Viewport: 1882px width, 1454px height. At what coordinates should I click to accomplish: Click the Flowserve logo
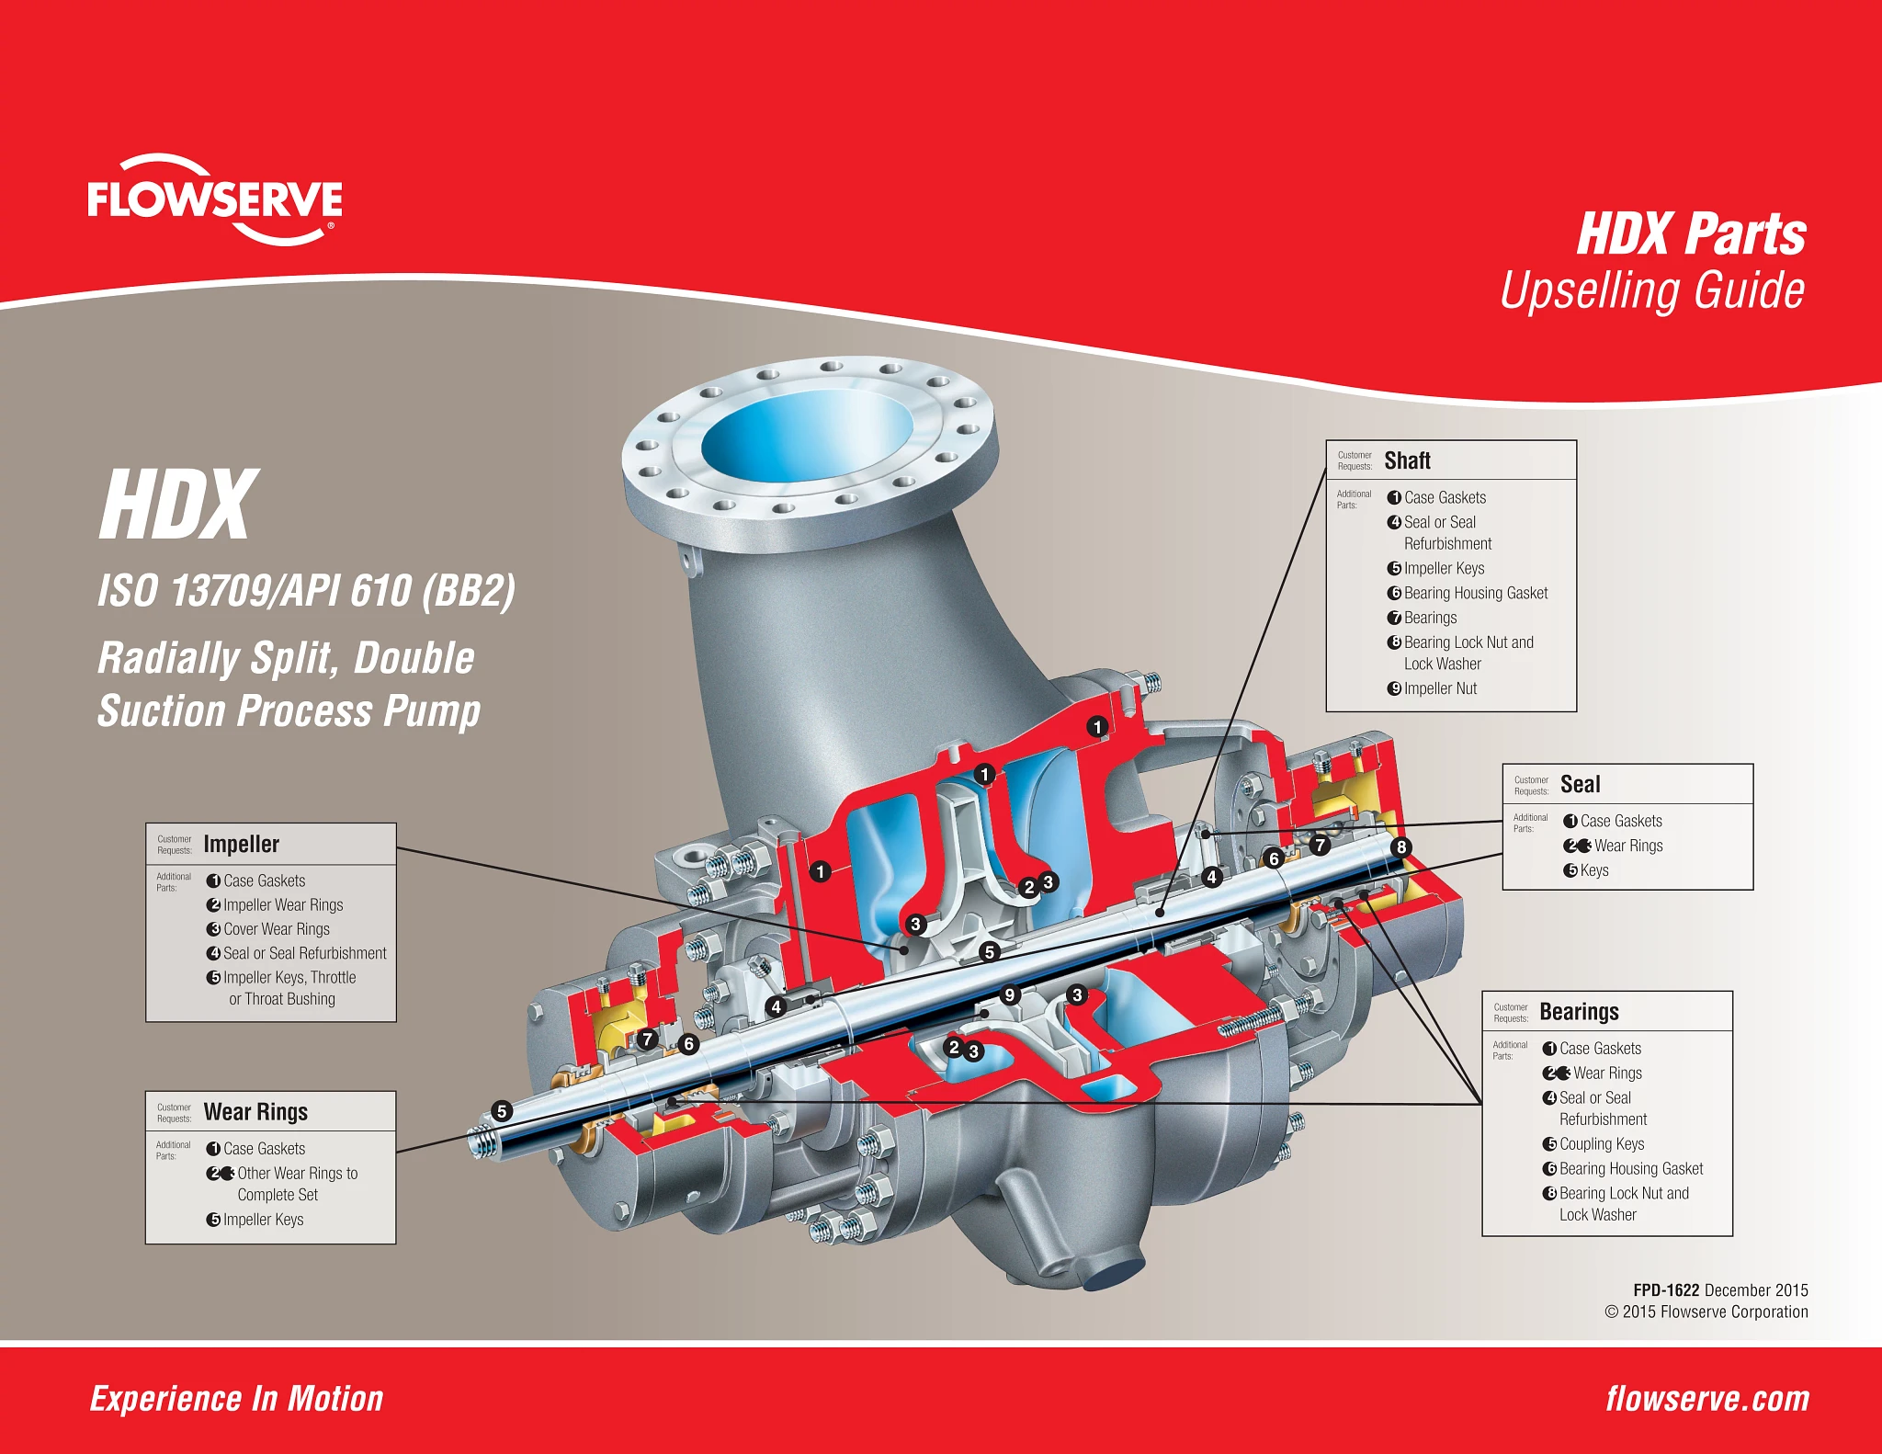(x=215, y=199)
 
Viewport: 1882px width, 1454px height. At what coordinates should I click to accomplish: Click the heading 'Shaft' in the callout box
(x=1407, y=460)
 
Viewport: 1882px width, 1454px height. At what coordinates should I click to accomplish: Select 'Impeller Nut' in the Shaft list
(x=1440, y=688)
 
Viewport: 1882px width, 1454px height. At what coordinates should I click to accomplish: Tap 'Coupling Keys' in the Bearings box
(x=1602, y=1144)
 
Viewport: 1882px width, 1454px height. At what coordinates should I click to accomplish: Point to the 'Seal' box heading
(x=1580, y=784)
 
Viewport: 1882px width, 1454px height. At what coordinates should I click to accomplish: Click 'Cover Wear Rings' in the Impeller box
(x=277, y=929)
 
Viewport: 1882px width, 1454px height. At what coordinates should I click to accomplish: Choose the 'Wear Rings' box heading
(x=255, y=1112)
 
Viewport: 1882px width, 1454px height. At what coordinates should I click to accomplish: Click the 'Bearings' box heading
(x=1579, y=1012)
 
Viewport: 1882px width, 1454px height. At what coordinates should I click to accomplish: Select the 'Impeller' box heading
(x=241, y=844)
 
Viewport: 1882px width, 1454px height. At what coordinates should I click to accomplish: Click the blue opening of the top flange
(x=807, y=438)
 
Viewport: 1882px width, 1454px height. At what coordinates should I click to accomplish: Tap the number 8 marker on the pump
(x=1400, y=846)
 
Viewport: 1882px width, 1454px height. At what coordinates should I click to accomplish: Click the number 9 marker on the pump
(x=1010, y=994)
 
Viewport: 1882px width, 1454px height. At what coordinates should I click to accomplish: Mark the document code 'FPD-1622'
(x=1666, y=1290)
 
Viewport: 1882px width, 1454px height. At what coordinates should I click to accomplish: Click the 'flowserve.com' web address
(x=1707, y=1399)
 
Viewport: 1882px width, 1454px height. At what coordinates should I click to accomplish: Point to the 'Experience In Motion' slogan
(x=236, y=1399)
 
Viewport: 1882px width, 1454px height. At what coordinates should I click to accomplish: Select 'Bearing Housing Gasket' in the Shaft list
(x=1476, y=594)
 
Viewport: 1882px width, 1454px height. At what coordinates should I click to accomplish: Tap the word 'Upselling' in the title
(x=1591, y=290)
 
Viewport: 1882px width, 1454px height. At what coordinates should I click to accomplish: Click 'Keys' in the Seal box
(x=1594, y=870)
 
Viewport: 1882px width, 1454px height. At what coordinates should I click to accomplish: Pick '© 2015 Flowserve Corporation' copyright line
(x=1706, y=1312)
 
